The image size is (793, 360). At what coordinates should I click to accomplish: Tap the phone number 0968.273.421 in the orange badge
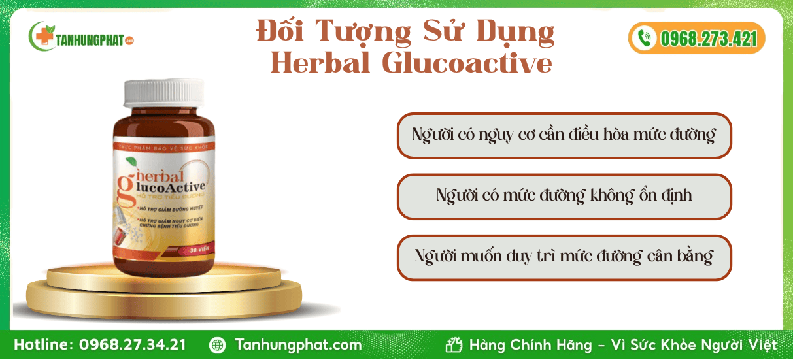pyautogui.click(x=708, y=39)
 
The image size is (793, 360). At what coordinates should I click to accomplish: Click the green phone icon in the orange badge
pyautogui.click(x=645, y=39)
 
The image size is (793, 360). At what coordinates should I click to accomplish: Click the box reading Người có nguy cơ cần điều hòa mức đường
pyautogui.click(x=564, y=136)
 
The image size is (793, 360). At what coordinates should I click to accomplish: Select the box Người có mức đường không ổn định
pyautogui.click(x=564, y=196)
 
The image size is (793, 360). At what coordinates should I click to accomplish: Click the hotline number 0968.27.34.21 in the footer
pyautogui.click(x=133, y=345)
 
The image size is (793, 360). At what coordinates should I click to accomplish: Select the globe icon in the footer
pyautogui.click(x=217, y=345)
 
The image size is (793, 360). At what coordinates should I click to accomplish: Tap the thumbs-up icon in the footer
pyautogui.click(x=454, y=345)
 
